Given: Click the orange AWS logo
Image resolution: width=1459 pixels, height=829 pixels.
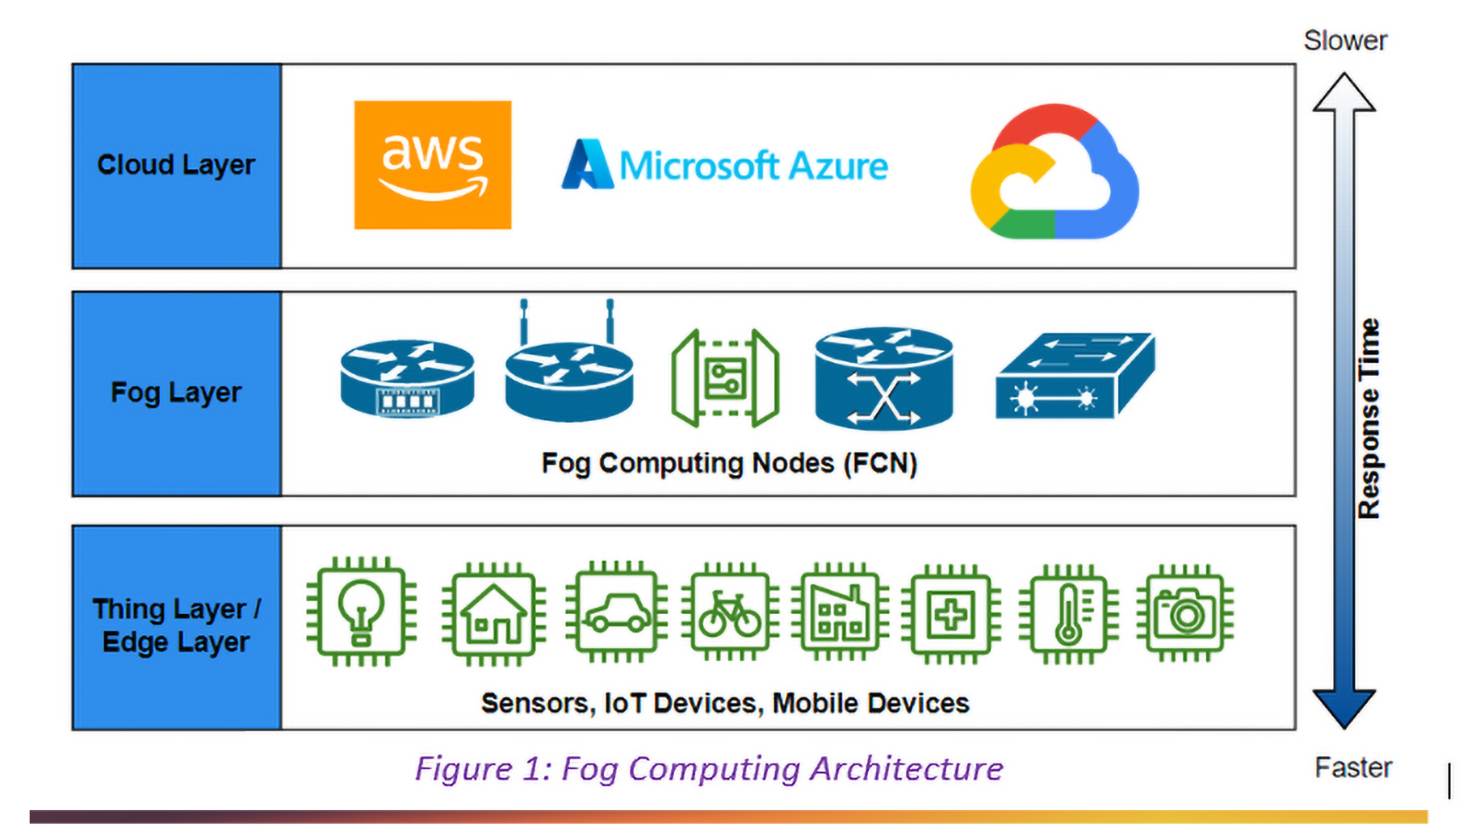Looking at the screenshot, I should pos(432,165).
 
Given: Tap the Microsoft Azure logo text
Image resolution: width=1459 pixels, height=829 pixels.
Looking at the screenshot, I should pos(726,165).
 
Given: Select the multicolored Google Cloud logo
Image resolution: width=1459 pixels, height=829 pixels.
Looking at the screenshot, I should pos(1054,172).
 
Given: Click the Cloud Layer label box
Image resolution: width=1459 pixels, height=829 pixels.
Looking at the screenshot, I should pos(176,166).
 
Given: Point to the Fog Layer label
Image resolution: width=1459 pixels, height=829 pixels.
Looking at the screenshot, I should pos(176,393).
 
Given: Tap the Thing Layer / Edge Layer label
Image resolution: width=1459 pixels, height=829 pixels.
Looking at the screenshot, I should pos(176,626).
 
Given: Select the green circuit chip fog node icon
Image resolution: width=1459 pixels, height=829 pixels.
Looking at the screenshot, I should pos(725,378).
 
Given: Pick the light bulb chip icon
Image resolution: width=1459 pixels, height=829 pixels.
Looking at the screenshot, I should pos(361,612).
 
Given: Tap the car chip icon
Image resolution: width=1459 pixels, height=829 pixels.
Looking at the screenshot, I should pos(616,612).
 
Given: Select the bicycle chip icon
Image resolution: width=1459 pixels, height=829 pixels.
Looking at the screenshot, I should pos(729,612).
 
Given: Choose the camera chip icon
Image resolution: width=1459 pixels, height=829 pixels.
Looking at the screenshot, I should pos(1185,612).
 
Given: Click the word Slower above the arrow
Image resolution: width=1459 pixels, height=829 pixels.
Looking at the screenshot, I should pos(1345,41).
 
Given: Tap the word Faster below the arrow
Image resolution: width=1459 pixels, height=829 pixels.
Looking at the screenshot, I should pos(1353,767).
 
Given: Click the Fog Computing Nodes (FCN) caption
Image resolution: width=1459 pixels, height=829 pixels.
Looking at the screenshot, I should pos(729,464).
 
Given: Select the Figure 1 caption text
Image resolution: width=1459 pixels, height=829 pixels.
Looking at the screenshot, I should pos(708,769).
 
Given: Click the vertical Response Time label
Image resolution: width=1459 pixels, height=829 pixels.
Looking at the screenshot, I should pos(1369,419).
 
